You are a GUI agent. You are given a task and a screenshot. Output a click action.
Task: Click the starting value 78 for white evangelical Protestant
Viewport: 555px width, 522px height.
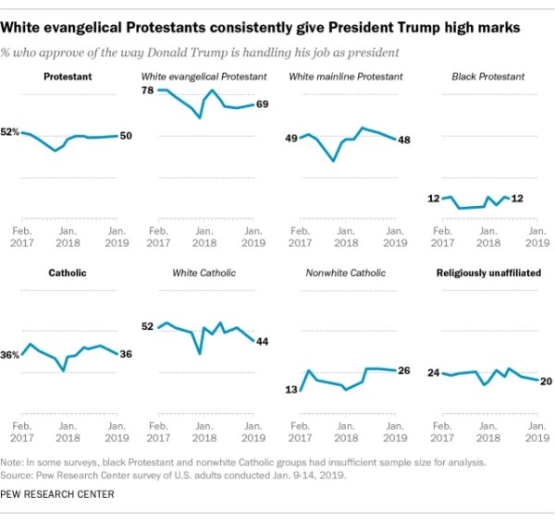146,90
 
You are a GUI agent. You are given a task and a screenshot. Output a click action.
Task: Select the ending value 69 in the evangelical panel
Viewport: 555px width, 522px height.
262,104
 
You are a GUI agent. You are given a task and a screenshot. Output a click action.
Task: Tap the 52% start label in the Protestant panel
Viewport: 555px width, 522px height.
10,133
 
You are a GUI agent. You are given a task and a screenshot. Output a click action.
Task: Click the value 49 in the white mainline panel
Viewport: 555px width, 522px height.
290,139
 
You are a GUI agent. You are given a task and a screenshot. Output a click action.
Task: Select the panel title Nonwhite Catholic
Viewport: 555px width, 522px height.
345,273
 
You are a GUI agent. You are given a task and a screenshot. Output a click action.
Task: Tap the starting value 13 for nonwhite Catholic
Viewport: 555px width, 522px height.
290,391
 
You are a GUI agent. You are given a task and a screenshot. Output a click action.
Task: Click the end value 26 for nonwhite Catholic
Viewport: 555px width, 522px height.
403,371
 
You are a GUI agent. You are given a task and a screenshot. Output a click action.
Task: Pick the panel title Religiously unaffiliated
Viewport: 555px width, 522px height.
489,273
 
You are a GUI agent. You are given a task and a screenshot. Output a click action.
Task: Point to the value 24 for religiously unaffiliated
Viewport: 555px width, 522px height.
432,372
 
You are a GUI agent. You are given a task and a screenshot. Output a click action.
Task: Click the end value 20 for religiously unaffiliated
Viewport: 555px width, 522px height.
545,382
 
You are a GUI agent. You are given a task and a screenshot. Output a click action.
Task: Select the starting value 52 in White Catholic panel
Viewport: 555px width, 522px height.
147,326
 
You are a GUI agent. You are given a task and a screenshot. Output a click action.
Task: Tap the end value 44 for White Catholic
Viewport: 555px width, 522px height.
262,341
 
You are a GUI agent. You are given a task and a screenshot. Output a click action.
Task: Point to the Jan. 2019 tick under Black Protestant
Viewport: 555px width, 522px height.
536,237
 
